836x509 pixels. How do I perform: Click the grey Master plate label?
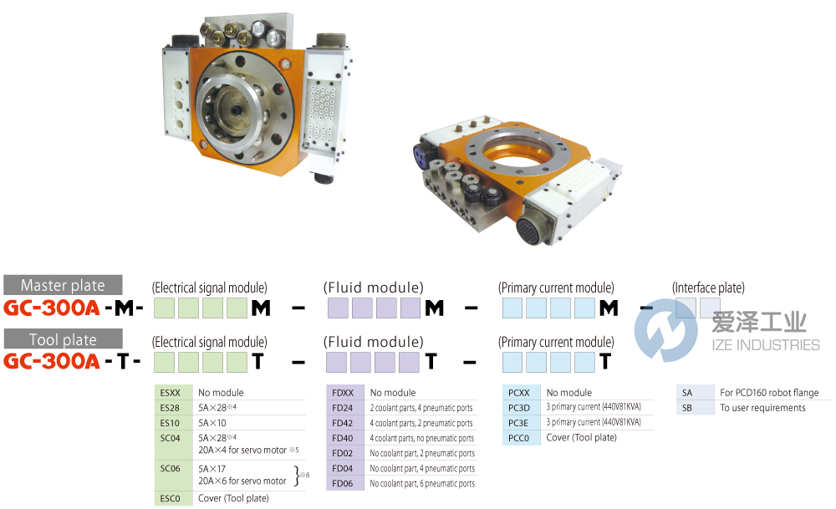63,284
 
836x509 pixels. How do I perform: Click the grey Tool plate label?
63,339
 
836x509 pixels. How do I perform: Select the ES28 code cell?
170,407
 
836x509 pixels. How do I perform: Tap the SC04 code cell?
170,438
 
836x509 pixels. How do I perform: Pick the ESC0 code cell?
170,498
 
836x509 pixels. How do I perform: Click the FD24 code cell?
343,408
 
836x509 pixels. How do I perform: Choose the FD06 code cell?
343,483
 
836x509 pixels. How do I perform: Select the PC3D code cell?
519,408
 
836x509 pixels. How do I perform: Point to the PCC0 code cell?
519,438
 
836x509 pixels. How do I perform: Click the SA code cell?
687,393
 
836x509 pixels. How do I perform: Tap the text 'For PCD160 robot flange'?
768,393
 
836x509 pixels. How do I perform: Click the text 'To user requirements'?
762,408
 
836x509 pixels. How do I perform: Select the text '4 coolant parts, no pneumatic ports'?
422,438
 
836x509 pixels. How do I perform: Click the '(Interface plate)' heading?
708,288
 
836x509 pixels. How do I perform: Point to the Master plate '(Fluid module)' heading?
373,288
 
